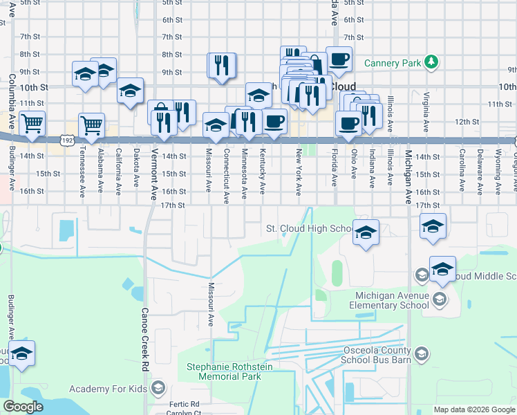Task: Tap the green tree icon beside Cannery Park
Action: pyautogui.click(x=432, y=63)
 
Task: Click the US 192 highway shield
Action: pyautogui.click(x=68, y=139)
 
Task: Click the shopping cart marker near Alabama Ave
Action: pyautogui.click(x=91, y=125)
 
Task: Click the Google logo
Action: pyautogui.click(x=23, y=407)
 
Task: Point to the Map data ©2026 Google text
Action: pyautogui.click(x=473, y=409)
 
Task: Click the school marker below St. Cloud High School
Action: pyautogui.click(x=366, y=232)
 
